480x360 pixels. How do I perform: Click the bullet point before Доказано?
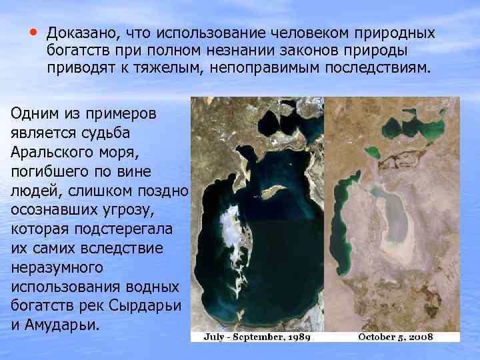click(x=33, y=31)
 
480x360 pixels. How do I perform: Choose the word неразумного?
click(x=56, y=269)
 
